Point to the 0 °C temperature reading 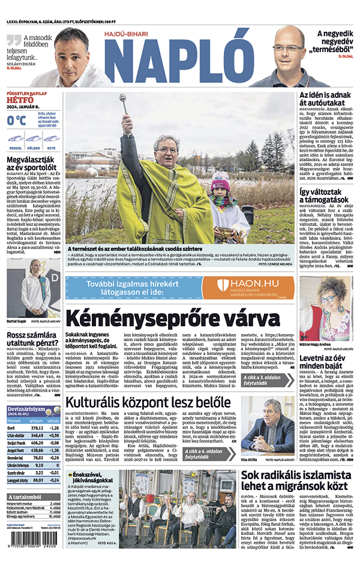tap(16, 120)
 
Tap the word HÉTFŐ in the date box tap(20, 101)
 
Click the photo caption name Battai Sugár tap(17, 321)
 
